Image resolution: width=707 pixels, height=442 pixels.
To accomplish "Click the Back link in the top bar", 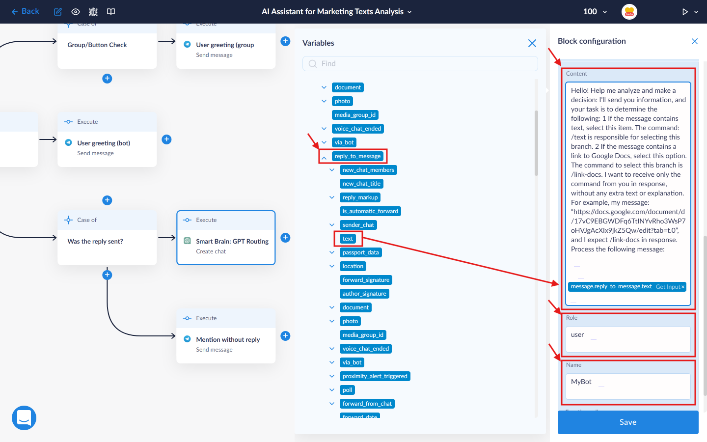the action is pos(25,11).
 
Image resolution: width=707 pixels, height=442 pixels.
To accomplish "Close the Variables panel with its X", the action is pos(532,43).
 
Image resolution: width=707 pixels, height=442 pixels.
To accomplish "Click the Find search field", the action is pos(420,63).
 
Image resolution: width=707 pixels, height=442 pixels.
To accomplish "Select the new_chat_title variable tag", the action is pos(361,184).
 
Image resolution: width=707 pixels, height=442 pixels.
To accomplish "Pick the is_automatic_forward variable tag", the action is pos(370,211).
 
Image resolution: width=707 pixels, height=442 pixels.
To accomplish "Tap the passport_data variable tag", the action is pos(360,252).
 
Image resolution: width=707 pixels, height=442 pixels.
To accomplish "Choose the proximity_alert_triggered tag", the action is pos(375,376).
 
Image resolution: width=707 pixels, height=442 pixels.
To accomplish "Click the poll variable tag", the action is pos(347,390).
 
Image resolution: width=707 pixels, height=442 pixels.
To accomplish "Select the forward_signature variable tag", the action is pos(366,280).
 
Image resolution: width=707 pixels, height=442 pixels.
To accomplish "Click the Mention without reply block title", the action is pos(228,339).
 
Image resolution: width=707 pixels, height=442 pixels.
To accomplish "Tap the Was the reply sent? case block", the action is pos(107,238).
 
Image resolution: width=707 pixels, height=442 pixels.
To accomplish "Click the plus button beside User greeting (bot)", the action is pos(166,139).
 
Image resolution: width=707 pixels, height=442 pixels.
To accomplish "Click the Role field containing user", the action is pos(628,339).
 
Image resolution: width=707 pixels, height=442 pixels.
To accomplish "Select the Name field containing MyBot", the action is pos(628,386).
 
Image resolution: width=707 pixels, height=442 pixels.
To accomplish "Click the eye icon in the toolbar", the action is pos(76,12).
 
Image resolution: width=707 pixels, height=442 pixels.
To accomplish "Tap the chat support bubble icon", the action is pos(24,417).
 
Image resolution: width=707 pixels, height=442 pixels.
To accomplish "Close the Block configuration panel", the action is pos(694,41).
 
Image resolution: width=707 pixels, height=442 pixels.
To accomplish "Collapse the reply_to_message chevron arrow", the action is pos(324,158).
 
